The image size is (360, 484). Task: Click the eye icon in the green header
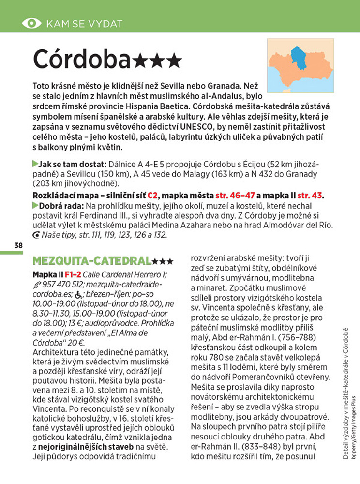[x=32, y=23]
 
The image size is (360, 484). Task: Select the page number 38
[x=18, y=245]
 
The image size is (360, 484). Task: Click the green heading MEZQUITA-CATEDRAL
[x=91, y=261]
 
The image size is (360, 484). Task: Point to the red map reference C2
[x=152, y=196]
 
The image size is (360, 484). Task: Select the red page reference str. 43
[x=310, y=196]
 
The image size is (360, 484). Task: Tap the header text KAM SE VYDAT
[x=84, y=23]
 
